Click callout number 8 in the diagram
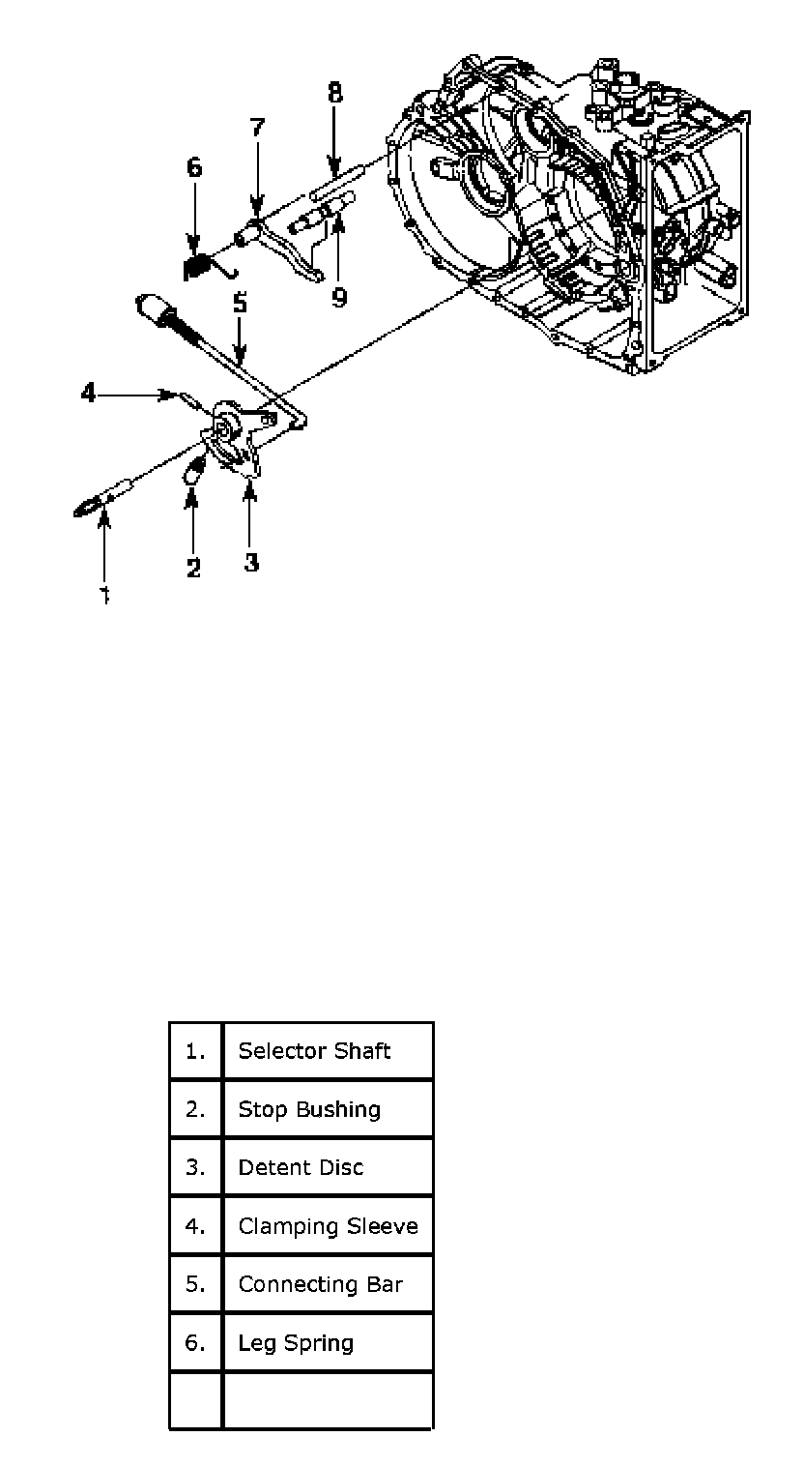tap(334, 93)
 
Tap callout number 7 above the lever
tap(256, 129)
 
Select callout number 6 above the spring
tap(194, 167)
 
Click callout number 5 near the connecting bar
tap(240, 303)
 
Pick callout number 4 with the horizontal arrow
tap(88, 394)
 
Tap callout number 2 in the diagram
tap(193, 568)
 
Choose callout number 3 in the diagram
tap(251, 562)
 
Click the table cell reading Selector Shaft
tap(315, 1051)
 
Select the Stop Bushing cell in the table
tap(309, 1109)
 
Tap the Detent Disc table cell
tap(301, 1167)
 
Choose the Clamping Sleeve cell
tap(328, 1226)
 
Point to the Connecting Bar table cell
tap(320, 1284)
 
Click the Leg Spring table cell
tap(296, 1342)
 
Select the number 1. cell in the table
tap(196, 1051)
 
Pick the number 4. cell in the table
tap(196, 1226)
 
